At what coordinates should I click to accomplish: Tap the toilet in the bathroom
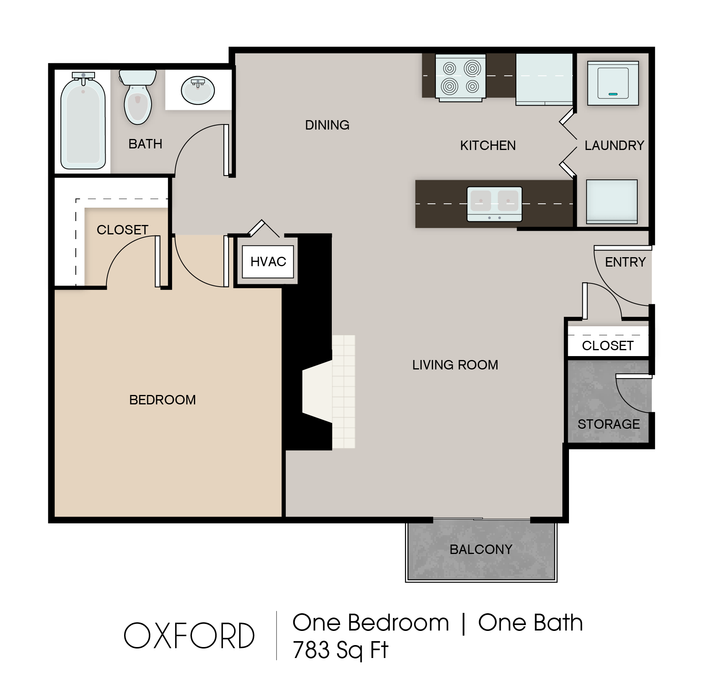(x=138, y=98)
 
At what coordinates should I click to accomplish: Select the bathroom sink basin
(x=198, y=90)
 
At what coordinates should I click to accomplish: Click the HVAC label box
(x=268, y=262)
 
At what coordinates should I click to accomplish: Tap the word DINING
(x=327, y=125)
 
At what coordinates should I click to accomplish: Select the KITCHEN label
(x=488, y=146)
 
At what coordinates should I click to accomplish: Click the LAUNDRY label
(x=614, y=146)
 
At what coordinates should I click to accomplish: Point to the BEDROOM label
(x=163, y=400)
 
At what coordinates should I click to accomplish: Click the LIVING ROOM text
(x=455, y=365)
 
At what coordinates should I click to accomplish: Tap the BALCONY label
(x=481, y=549)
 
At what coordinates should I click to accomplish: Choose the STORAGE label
(x=609, y=424)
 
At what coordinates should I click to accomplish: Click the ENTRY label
(x=625, y=262)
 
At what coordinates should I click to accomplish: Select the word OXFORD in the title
(x=189, y=636)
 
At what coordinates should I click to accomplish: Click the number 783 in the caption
(x=311, y=650)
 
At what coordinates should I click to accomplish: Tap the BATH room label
(x=145, y=144)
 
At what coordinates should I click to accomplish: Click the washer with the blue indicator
(x=613, y=83)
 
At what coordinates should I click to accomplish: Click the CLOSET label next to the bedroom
(x=123, y=230)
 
